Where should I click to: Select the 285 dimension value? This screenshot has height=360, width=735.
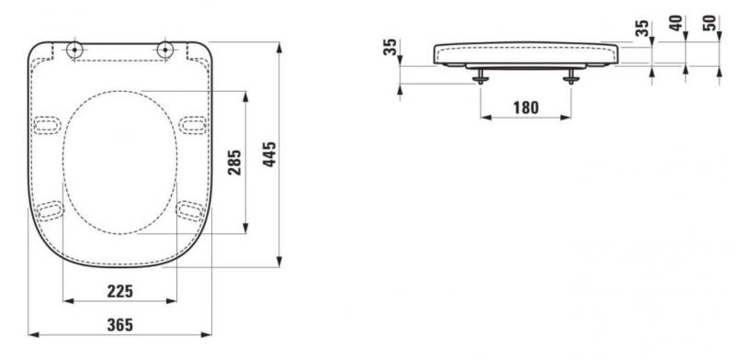(235, 163)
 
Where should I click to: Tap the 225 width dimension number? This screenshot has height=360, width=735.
(119, 291)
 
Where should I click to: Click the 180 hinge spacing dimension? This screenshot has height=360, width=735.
(525, 107)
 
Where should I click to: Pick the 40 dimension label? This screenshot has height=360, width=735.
(677, 22)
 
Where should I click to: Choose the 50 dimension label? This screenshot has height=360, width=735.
(708, 22)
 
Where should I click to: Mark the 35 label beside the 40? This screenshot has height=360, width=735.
(643, 28)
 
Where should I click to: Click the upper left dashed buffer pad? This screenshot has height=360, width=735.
(47, 122)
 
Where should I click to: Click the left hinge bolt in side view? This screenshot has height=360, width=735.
(479, 77)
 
